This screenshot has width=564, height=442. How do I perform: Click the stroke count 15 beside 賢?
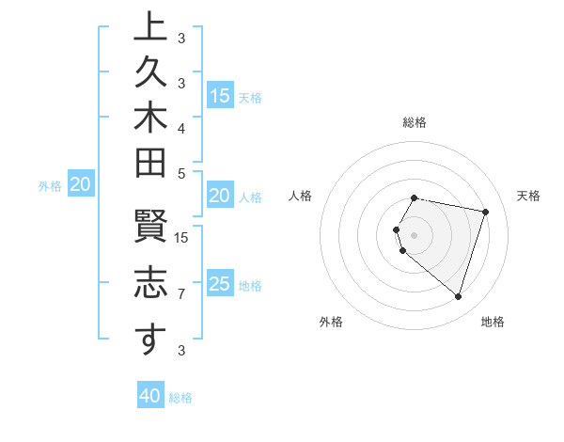tap(181, 237)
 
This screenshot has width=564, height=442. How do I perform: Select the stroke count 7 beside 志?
tap(181, 294)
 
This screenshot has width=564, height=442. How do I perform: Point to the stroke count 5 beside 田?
tap(181, 173)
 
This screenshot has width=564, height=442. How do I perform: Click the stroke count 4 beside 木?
tap(181, 127)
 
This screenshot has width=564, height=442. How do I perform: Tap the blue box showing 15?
tap(220, 96)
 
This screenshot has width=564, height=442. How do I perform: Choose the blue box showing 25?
tap(220, 284)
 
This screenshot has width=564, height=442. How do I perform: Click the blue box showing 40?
tap(150, 396)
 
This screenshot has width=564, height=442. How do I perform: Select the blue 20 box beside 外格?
tap(81, 185)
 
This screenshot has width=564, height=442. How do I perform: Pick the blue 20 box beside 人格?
tap(220, 197)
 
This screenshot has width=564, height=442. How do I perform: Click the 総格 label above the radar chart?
tap(415, 122)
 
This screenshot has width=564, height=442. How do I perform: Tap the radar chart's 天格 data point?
tap(486, 213)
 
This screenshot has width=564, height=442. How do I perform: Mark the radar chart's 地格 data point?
tap(458, 297)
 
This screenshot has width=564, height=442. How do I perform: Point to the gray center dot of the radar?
tap(415, 234)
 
